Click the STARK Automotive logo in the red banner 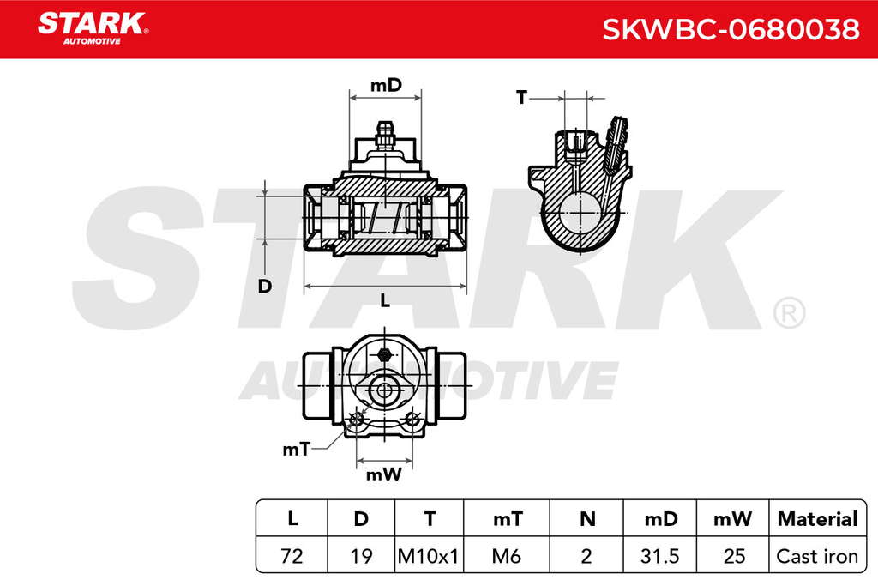tap(93, 28)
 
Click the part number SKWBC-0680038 tap(731, 29)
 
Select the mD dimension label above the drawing tap(387, 85)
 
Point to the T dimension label tap(522, 98)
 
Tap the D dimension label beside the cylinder tap(265, 287)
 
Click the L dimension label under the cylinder tap(385, 301)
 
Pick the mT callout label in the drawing tap(296, 449)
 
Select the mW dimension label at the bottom tap(383, 475)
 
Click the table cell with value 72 tap(292, 556)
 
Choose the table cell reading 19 tap(361, 556)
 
